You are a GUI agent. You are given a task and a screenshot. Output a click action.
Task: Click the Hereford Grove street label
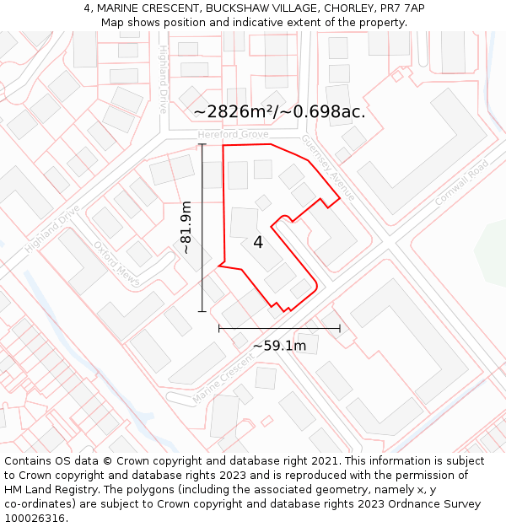233,135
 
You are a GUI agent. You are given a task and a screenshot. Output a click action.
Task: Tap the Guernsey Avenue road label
330,167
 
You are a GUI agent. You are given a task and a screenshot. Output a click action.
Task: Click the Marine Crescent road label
223,377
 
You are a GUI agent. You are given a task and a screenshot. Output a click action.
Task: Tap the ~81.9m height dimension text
186,228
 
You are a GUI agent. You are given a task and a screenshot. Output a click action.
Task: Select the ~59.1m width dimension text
279,345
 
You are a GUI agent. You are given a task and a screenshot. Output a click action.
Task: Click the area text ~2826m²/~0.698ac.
279,111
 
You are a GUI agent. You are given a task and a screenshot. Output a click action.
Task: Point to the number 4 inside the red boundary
258,243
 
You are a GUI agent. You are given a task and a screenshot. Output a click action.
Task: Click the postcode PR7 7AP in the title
402,8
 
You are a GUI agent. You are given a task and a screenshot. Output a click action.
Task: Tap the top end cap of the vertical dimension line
202,144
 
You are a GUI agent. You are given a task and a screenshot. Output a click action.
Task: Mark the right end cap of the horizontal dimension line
340,328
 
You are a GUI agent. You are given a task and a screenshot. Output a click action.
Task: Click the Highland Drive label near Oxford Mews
52,229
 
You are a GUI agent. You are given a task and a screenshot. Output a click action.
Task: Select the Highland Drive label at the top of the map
163,80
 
